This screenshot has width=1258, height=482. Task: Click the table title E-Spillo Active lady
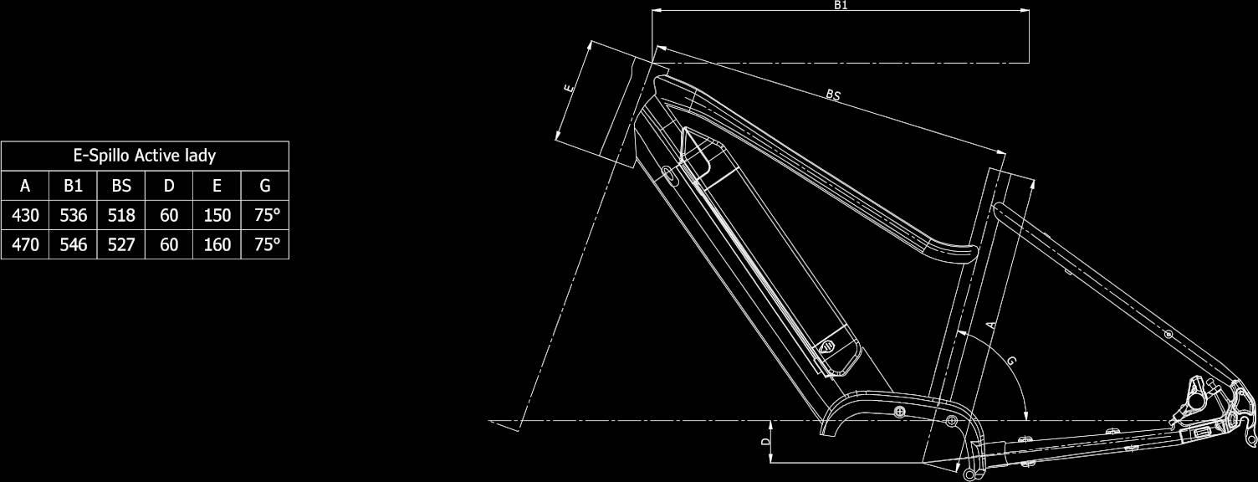click(145, 156)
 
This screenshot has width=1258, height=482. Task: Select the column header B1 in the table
click(73, 186)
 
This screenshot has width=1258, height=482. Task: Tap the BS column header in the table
click(121, 186)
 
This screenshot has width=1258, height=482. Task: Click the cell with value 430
click(25, 215)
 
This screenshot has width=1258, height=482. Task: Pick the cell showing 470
click(25, 244)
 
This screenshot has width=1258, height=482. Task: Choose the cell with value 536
click(73, 215)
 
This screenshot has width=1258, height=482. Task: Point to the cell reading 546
click(73, 244)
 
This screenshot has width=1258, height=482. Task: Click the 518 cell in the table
click(121, 215)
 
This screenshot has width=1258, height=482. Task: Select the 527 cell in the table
click(121, 244)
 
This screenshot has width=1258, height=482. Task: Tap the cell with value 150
click(217, 215)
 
